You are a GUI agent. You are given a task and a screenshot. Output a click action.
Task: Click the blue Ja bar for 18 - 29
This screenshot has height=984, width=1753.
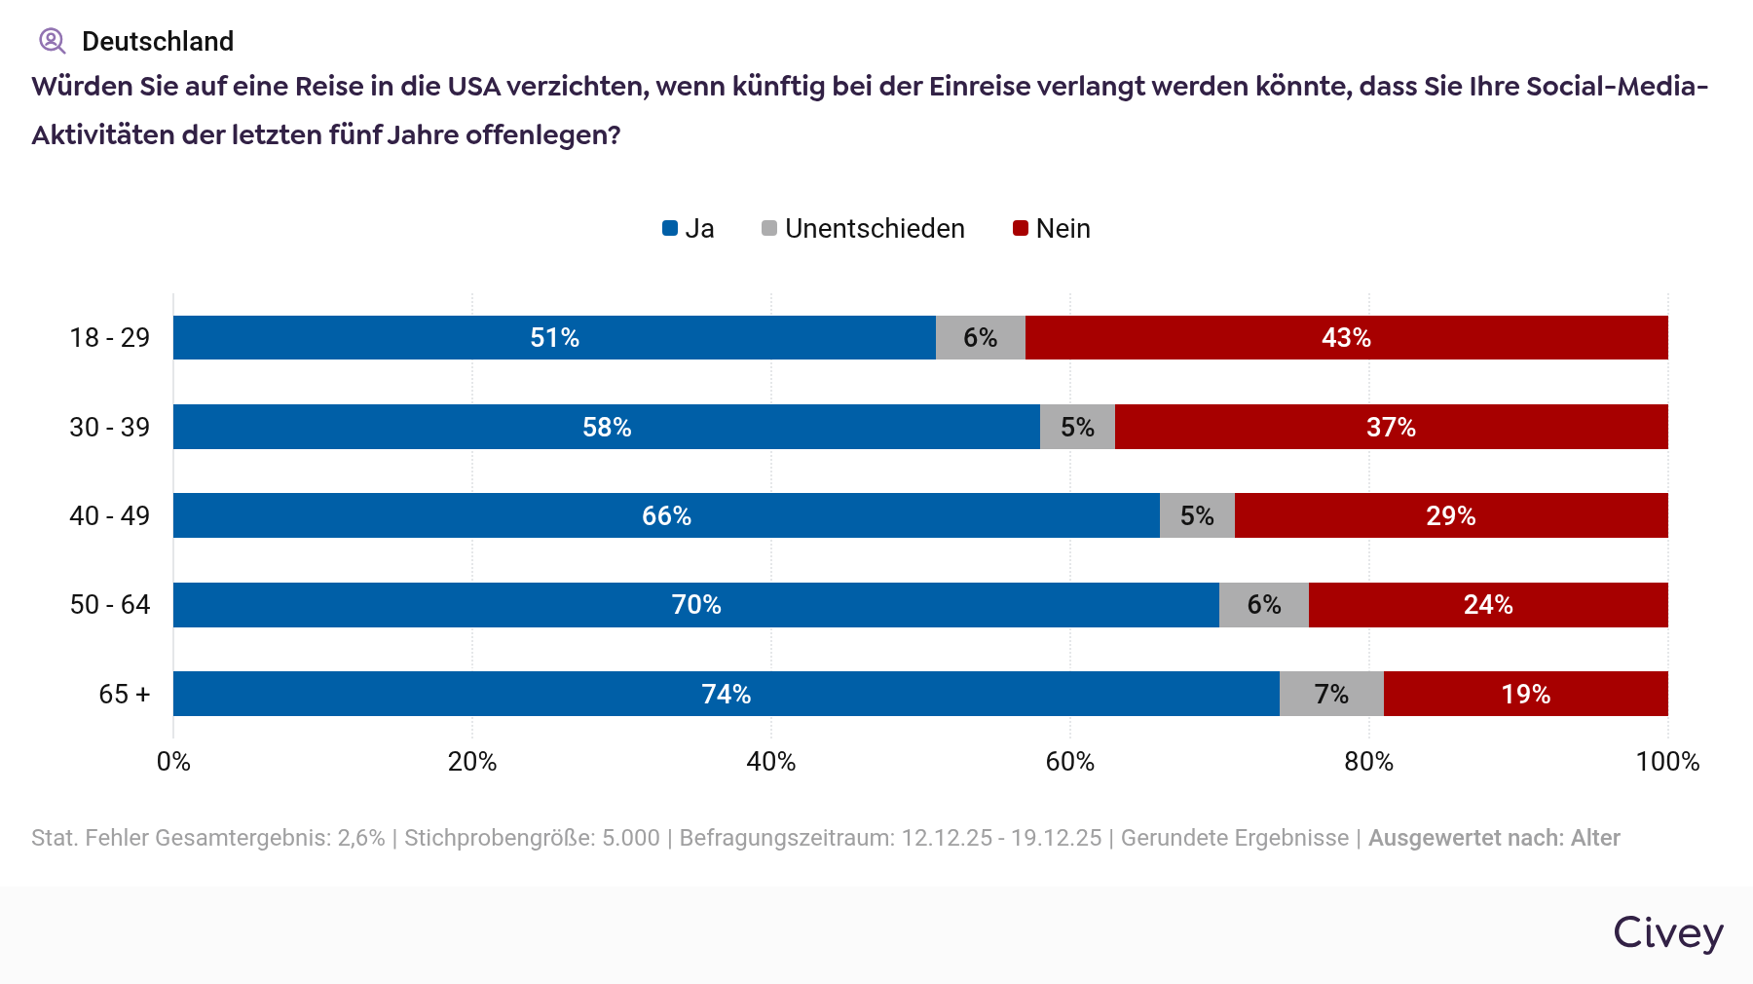coord(554,337)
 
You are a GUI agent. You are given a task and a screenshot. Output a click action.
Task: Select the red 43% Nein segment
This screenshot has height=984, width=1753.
coord(1346,337)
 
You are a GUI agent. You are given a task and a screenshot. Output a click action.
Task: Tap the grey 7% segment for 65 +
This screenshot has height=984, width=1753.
coord(1331,694)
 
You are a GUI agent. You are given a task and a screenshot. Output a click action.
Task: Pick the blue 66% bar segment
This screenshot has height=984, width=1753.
coord(666,515)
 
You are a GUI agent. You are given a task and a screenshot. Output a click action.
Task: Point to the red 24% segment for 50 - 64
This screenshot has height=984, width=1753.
coord(1488,605)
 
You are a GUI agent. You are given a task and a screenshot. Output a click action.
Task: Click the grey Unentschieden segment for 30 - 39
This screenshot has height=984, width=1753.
coord(1077,427)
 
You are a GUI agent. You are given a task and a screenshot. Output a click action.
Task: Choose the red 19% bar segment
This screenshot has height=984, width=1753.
coord(1525,694)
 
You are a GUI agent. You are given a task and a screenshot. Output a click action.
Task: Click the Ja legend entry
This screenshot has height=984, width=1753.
coord(689,229)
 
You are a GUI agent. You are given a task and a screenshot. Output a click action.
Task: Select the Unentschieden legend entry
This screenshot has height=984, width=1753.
coord(863,229)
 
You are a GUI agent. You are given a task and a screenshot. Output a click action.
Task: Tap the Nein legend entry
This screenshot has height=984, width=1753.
coord(1052,229)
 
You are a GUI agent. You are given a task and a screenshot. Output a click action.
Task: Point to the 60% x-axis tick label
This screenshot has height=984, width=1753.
coord(1069,762)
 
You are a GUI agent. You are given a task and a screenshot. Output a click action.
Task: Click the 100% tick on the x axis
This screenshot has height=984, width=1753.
coord(1667,762)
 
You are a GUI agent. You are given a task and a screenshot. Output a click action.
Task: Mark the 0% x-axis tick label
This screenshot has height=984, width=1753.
coord(173,762)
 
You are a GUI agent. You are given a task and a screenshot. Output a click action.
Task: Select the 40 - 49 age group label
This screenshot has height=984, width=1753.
coord(110,515)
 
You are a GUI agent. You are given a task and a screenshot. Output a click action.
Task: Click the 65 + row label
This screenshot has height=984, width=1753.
coord(125,694)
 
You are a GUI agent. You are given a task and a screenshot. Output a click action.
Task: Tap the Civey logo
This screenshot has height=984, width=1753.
coord(1667,933)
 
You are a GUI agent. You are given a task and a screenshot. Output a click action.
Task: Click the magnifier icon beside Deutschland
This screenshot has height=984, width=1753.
coord(52,41)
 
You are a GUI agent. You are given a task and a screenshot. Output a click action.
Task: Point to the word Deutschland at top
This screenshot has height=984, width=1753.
coord(158,41)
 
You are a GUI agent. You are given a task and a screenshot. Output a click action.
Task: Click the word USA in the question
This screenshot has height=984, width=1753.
coord(473,87)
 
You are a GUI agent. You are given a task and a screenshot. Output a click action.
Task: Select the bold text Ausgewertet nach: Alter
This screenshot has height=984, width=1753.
coord(1494,838)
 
